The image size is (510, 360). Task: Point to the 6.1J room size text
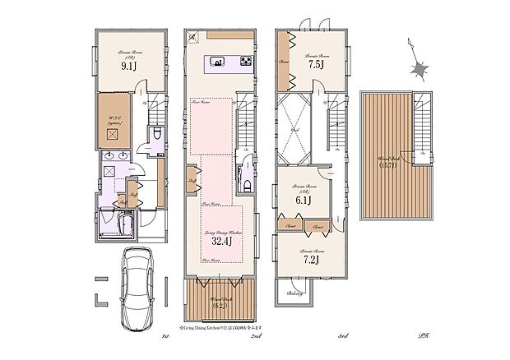point(300,199)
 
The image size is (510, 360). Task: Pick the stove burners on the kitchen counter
point(247,62)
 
